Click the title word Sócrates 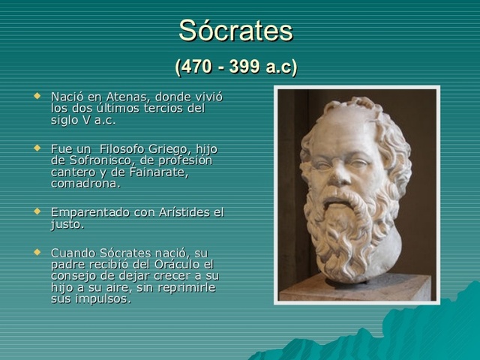[235, 31]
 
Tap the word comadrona [85, 183]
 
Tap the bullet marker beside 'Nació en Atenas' [38, 96]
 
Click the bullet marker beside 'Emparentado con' [38, 211]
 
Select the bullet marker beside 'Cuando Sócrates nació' [38, 252]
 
